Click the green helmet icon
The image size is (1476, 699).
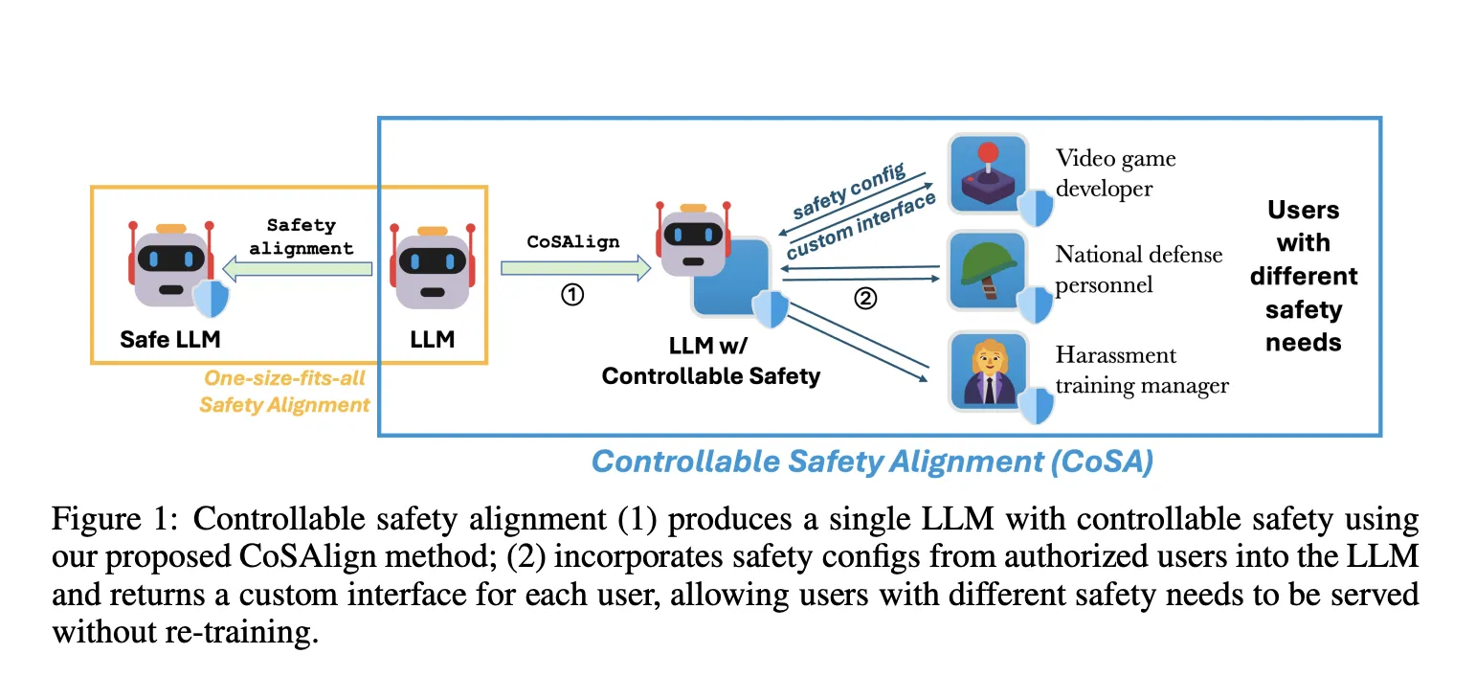(988, 270)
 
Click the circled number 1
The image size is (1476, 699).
(571, 296)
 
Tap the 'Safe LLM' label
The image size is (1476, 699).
(170, 339)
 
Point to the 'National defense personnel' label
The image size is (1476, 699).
(1137, 269)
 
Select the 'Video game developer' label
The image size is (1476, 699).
(1115, 172)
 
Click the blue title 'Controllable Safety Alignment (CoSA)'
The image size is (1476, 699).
(872, 462)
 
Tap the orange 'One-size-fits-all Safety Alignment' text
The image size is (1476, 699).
(284, 392)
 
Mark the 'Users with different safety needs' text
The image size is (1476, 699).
(1303, 276)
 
